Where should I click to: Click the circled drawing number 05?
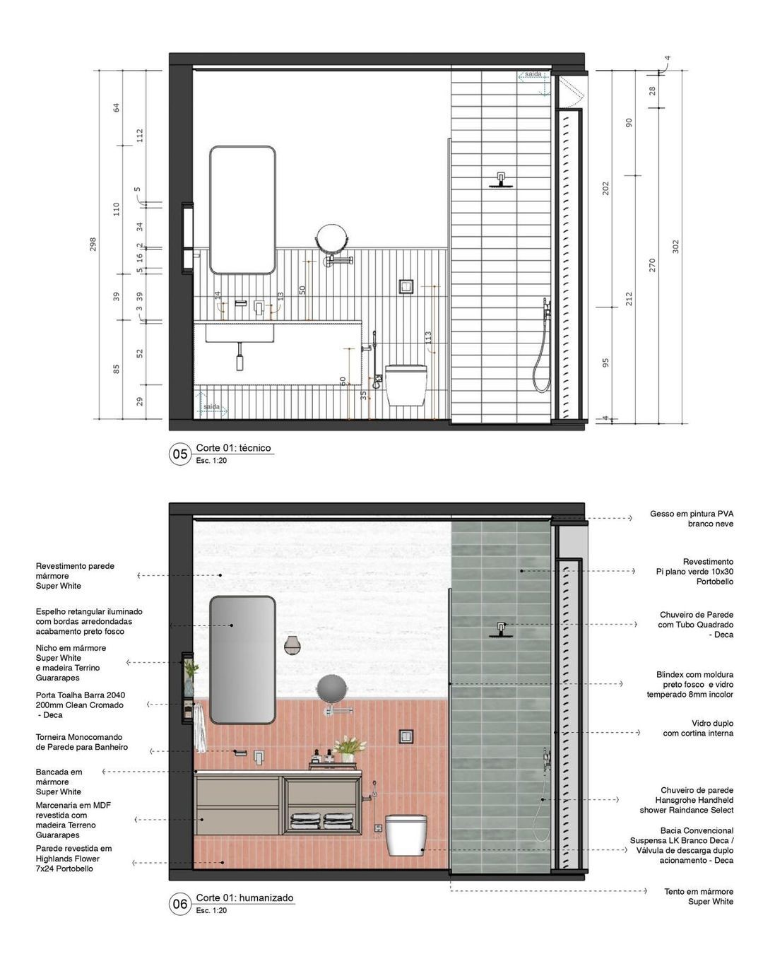tap(180, 454)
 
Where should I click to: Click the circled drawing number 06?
tap(180, 904)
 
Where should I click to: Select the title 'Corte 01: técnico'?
tap(233, 448)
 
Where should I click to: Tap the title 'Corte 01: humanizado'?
tap(244, 898)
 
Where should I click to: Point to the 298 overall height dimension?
tap(93, 244)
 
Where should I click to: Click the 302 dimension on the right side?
tap(675, 247)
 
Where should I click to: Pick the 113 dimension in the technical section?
tap(428, 339)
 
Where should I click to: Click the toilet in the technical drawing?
tap(406, 384)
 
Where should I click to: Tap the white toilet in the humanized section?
tap(406, 835)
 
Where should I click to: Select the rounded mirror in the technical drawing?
tap(242, 210)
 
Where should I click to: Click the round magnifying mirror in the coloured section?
tap(331, 688)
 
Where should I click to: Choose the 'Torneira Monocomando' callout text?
tap(82, 742)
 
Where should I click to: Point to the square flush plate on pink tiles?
tap(406, 736)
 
